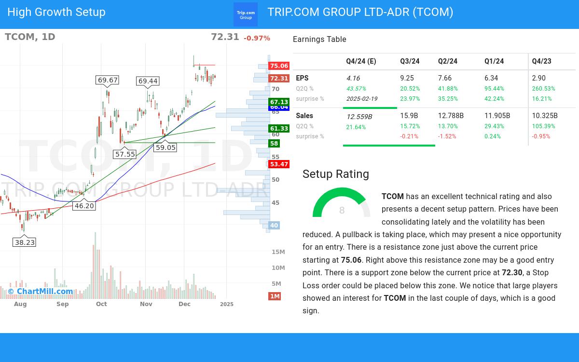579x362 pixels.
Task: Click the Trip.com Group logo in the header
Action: click(x=246, y=14)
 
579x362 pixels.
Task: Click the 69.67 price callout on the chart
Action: click(x=108, y=80)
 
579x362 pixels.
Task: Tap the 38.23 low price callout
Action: click(x=25, y=242)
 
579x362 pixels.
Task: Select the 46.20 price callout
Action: click(x=84, y=206)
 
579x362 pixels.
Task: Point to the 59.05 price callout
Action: click(x=165, y=147)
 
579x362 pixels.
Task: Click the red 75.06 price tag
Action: click(x=279, y=66)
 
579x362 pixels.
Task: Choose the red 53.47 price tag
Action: click(x=279, y=164)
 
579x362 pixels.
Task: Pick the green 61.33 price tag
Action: click(x=279, y=129)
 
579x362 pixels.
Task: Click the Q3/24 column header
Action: click(x=410, y=61)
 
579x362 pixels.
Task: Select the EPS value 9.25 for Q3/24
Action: click(x=406, y=78)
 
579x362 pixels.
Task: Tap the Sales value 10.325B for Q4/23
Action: click(x=545, y=116)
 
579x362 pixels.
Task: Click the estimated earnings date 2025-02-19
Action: click(x=362, y=99)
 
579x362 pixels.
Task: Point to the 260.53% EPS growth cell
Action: click(x=544, y=89)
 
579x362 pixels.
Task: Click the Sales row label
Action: click(x=304, y=116)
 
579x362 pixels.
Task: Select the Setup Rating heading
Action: click(x=336, y=174)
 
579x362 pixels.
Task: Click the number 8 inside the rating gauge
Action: click(x=342, y=210)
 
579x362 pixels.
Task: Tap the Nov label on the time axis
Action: click(x=146, y=304)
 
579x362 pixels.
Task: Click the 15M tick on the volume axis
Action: click(x=278, y=252)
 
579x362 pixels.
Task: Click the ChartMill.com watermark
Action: click(x=41, y=291)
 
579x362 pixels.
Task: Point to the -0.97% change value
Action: click(x=257, y=38)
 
